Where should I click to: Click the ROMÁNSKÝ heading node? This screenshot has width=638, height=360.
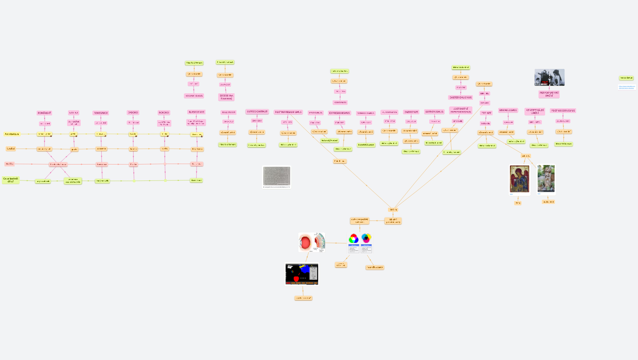[x=45, y=113]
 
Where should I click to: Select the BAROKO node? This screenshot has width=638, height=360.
[x=133, y=112]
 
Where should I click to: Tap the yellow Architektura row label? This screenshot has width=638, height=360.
[x=12, y=134]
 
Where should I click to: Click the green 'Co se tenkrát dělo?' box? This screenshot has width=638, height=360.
[x=11, y=180]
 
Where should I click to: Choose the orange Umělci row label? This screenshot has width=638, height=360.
[x=11, y=149]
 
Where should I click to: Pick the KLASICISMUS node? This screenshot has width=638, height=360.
[x=196, y=112]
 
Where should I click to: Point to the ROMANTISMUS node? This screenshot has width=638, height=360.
[x=194, y=96]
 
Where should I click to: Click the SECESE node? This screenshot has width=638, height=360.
[x=226, y=97]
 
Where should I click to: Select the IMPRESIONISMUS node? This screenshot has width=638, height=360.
[x=257, y=112]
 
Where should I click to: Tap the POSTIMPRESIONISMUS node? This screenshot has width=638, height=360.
[x=289, y=112]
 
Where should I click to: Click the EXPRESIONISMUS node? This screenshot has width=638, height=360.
[x=340, y=113]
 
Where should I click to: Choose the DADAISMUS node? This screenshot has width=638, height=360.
[x=411, y=112]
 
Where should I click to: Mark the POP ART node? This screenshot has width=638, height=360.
[x=486, y=113]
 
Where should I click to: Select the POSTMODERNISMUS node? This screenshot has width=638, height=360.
[x=563, y=111]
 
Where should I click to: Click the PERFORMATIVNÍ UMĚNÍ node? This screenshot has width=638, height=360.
[x=549, y=94]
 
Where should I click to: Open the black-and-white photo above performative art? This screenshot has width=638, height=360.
[x=549, y=77]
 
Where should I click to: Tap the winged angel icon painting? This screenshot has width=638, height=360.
[x=519, y=179]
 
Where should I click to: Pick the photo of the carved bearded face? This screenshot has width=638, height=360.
[x=546, y=179]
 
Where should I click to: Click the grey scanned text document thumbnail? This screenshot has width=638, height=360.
[x=276, y=176]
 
